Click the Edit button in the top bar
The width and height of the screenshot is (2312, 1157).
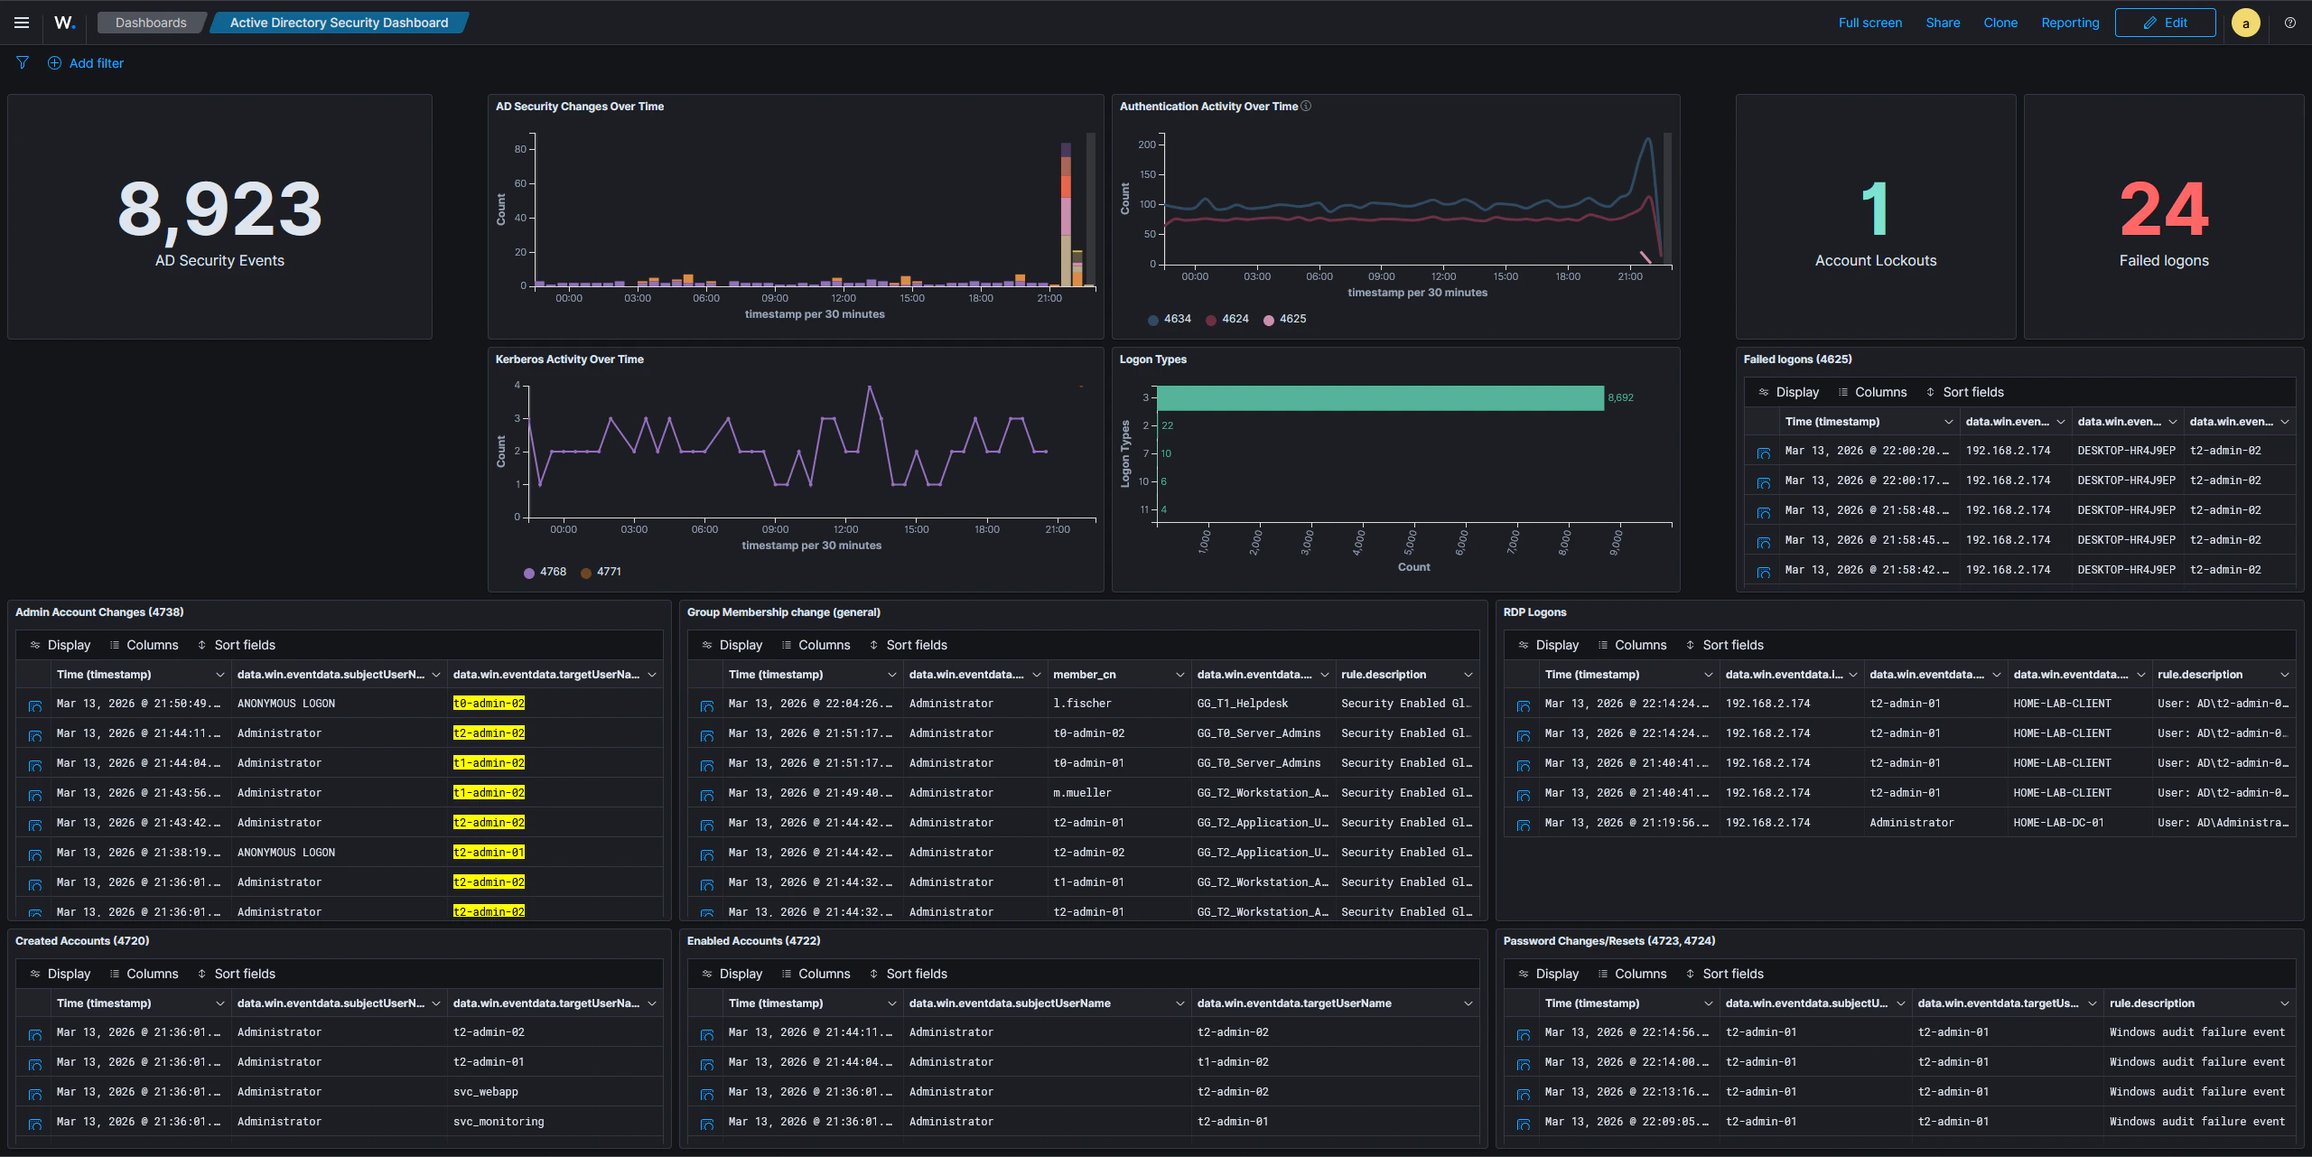(x=2165, y=23)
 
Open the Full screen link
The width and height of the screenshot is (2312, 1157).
(x=1869, y=23)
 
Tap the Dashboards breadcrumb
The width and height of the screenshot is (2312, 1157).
(x=151, y=23)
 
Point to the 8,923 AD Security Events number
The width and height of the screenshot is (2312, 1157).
(x=219, y=210)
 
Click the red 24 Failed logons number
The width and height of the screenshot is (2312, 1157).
(x=2164, y=210)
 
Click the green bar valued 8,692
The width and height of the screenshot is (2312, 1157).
(x=1380, y=398)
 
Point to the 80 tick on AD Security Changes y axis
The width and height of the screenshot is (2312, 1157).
(x=520, y=149)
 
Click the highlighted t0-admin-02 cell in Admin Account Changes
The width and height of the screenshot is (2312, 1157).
(x=489, y=704)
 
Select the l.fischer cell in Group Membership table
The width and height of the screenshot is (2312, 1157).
(x=1082, y=704)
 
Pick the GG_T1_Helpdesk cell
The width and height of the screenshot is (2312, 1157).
(x=1242, y=704)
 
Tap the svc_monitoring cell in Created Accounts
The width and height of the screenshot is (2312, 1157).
(x=499, y=1122)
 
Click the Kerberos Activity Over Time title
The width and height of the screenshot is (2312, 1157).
(x=569, y=359)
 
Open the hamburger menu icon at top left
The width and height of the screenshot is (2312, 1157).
(x=22, y=23)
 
